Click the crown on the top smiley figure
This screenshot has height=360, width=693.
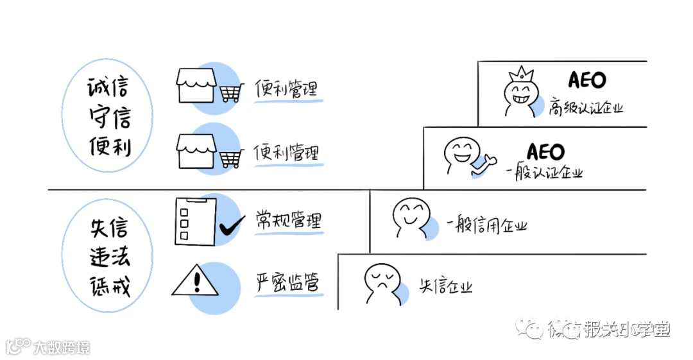point(521,73)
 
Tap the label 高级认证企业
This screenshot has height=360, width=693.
point(586,107)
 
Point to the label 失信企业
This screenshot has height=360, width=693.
point(447,286)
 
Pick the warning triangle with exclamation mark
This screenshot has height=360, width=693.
point(195,282)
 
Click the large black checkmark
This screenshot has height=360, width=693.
point(232,227)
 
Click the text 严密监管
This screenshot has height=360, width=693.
point(287,282)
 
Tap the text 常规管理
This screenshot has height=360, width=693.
point(288,220)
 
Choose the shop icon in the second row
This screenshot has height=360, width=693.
point(195,153)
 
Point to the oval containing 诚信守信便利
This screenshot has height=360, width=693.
point(108,119)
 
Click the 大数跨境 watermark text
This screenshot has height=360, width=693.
point(62,347)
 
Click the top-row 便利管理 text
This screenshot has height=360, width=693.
point(286,88)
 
